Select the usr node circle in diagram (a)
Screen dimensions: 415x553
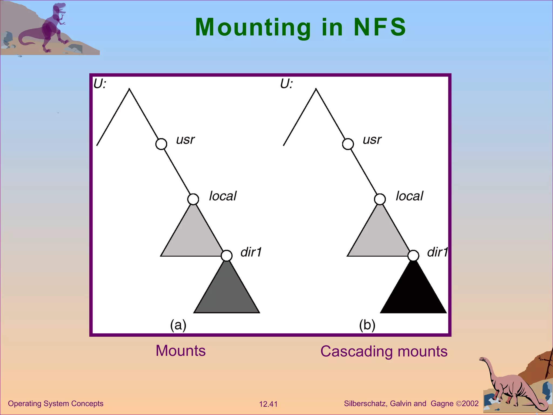161,144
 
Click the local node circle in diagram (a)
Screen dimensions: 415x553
193,199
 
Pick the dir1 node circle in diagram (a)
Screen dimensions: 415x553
227,255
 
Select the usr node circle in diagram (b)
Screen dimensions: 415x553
348,144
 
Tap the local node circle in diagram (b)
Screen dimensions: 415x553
380,199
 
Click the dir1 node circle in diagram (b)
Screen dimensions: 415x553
413,255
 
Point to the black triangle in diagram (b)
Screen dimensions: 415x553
413,294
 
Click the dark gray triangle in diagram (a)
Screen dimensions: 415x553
227,294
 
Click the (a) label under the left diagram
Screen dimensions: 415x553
178,325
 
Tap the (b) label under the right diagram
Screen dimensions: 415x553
367,325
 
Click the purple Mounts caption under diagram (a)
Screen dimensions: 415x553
181,351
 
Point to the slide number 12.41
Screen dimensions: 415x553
268,404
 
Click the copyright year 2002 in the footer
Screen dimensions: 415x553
470,404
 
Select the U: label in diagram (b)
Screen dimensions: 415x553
286,84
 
